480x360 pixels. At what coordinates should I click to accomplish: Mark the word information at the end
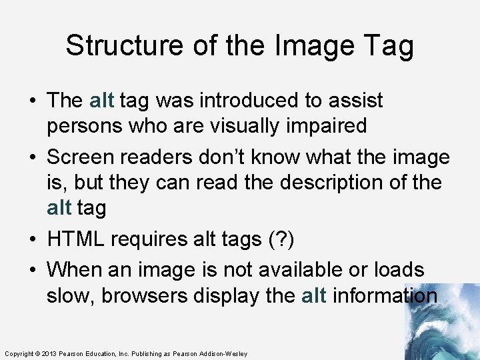click(x=385, y=295)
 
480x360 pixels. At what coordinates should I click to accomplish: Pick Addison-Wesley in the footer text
click(x=223, y=353)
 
